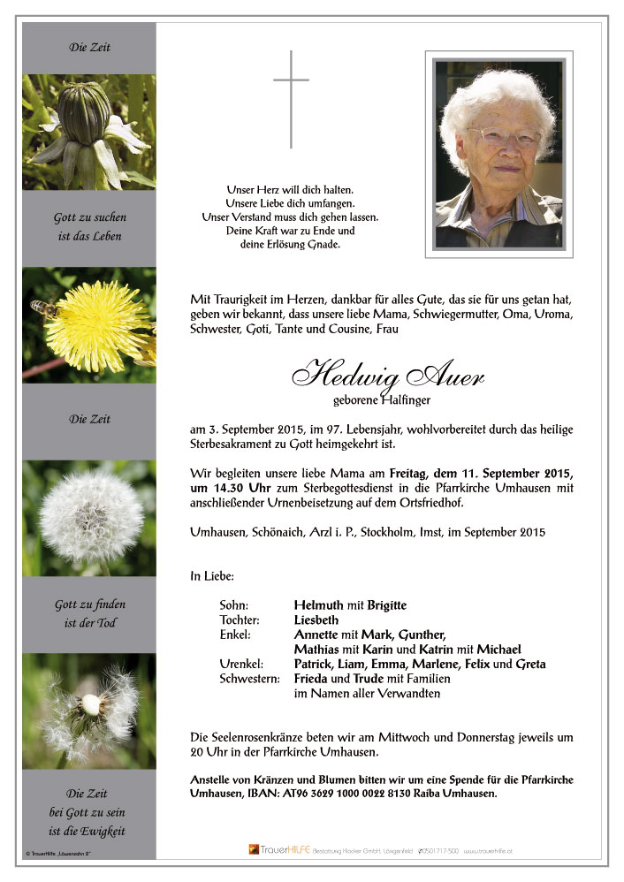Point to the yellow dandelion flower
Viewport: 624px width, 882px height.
(97, 324)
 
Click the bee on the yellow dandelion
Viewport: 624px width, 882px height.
(43, 308)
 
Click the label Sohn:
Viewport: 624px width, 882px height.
(233, 605)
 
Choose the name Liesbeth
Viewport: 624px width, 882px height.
(316, 620)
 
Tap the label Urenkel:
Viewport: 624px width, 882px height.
(240, 664)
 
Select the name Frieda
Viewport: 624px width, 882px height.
(312, 679)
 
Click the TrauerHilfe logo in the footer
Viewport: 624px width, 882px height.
(272, 849)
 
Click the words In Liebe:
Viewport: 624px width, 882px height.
(212, 576)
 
